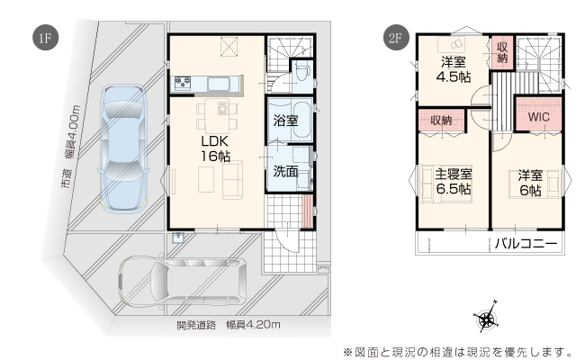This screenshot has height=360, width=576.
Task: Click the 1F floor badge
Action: click(45, 38)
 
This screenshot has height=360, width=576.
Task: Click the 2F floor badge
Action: click(396, 38)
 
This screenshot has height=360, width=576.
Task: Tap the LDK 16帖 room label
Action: click(215, 148)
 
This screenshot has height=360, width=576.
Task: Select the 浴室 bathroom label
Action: click(285, 121)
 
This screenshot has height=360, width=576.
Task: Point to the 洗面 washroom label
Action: click(285, 171)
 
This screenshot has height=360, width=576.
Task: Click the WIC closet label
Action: click(539, 117)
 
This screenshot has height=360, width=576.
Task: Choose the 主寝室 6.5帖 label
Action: click(454, 181)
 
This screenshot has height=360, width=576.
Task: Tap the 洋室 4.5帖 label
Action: click(454, 69)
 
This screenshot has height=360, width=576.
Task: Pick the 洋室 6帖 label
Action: click(530, 183)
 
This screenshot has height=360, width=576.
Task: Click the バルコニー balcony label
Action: click(526, 243)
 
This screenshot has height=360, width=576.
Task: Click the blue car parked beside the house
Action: click(124, 149)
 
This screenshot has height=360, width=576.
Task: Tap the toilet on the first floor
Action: click(301, 74)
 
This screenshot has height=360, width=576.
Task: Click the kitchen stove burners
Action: click(183, 83)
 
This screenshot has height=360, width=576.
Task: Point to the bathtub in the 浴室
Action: click(302, 120)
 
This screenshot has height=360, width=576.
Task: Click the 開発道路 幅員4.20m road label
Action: click(229, 325)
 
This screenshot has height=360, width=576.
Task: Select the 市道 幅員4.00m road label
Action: click(70, 148)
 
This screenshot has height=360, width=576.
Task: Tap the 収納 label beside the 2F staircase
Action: click(502, 52)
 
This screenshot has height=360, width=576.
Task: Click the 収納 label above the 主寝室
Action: click(441, 120)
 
